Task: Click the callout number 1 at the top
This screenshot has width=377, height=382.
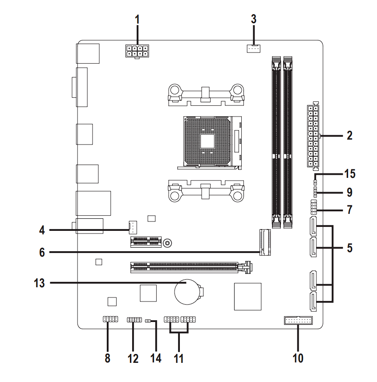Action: (x=138, y=19)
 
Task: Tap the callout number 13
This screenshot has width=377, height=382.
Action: (x=40, y=283)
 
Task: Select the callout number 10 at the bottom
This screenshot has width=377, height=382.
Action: (x=298, y=358)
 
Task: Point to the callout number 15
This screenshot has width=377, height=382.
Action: (x=349, y=173)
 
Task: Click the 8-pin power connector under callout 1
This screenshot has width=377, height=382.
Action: (x=137, y=51)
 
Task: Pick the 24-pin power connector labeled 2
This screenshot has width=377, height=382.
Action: (x=313, y=136)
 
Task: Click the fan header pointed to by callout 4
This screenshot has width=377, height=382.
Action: (x=132, y=227)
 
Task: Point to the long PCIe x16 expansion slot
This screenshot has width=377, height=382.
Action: (x=191, y=268)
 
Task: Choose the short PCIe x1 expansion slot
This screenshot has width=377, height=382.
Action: (x=145, y=242)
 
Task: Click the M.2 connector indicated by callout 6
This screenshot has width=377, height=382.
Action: (x=265, y=242)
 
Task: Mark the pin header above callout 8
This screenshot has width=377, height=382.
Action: (x=109, y=319)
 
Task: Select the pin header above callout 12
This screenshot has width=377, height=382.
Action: (x=134, y=320)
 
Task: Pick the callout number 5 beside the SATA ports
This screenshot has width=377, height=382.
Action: (x=349, y=248)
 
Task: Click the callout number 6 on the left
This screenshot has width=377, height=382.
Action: (x=42, y=252)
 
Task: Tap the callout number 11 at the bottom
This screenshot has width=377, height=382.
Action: (x=179, y=358)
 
